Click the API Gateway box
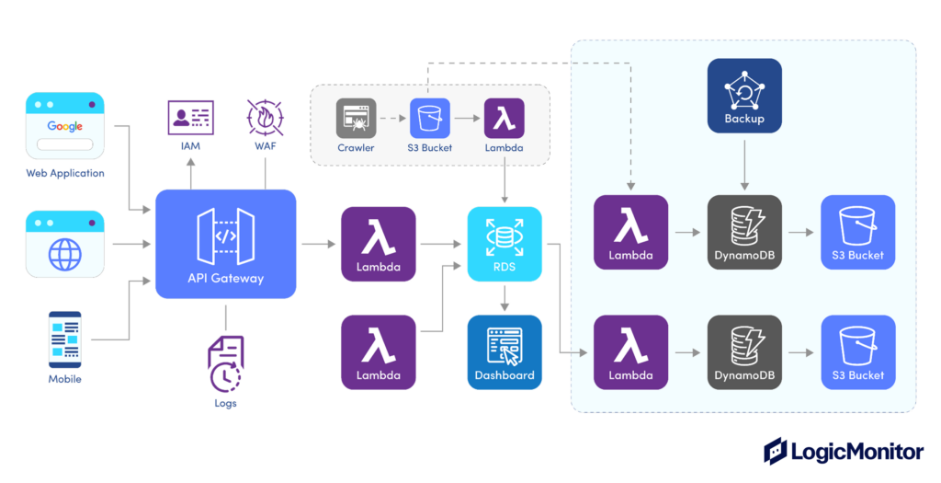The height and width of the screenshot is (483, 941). [226, 244]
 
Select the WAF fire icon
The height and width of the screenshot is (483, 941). [265, 118]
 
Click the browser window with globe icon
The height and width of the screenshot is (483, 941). [64, 244]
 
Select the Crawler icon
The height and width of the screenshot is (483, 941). [356, 119]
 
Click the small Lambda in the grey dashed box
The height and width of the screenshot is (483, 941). [504, 119]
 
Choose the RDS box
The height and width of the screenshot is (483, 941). [504, 244]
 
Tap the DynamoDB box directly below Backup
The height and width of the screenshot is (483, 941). [744, 232]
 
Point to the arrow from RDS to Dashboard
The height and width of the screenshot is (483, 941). [504, 297]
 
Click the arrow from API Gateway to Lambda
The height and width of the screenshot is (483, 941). [318, 244]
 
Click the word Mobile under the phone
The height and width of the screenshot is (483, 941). [64, 379]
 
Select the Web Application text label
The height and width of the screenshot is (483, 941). [64, 173]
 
